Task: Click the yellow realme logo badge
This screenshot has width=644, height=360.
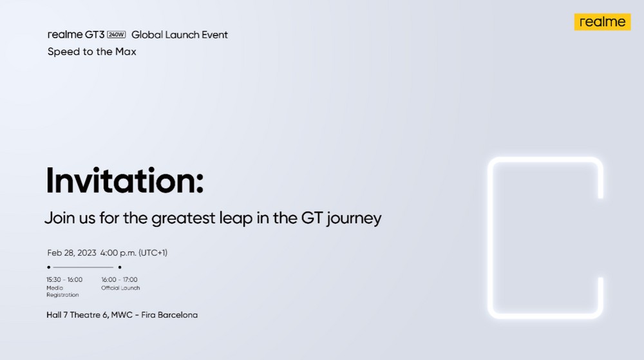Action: click(602, 22)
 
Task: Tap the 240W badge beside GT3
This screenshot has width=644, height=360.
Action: click(116, 35)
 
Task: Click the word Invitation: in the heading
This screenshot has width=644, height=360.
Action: click(124, 180)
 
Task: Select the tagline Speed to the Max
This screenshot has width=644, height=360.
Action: click(91, 52)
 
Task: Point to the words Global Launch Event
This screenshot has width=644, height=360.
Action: click(180, 35)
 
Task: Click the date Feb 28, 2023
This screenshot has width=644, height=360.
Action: click(71, 253)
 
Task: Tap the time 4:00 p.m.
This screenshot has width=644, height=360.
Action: click(118, 253)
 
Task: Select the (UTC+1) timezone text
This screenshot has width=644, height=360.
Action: click(153, 253)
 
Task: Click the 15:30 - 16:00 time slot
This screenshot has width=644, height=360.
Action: click(64, 279)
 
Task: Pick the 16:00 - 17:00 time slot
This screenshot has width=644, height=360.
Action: click(120, 279)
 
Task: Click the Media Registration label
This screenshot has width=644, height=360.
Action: click(62, 292)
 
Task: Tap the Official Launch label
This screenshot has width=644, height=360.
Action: click(121, 288)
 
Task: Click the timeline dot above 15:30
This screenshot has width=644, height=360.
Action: click(49, 267)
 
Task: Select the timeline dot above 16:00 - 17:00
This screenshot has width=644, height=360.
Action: click(120, 267)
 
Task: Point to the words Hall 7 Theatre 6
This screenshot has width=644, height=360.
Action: click(77, 315)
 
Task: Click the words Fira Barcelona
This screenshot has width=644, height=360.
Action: click(169, 315)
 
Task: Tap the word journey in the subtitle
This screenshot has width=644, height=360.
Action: click(354, 218)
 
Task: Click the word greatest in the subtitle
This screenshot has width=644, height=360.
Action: click(183, 218)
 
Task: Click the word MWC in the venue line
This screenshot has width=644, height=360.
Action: click(122, 315)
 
